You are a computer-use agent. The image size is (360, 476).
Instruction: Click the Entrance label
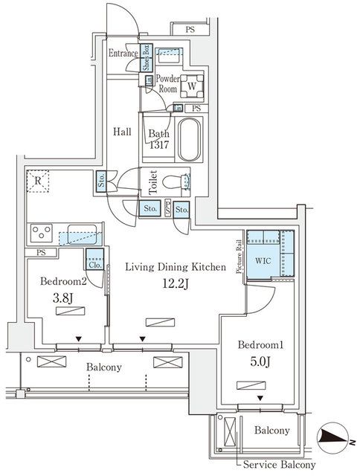coord(123,54)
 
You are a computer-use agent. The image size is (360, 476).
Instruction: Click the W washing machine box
coord(191,86)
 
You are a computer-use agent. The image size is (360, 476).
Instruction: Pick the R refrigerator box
coord(36,181)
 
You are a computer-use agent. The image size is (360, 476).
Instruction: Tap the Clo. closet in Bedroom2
coord(94,263)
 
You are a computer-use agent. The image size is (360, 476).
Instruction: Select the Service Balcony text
coord(278,466)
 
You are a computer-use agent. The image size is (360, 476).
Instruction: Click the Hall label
coord(122,132)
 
